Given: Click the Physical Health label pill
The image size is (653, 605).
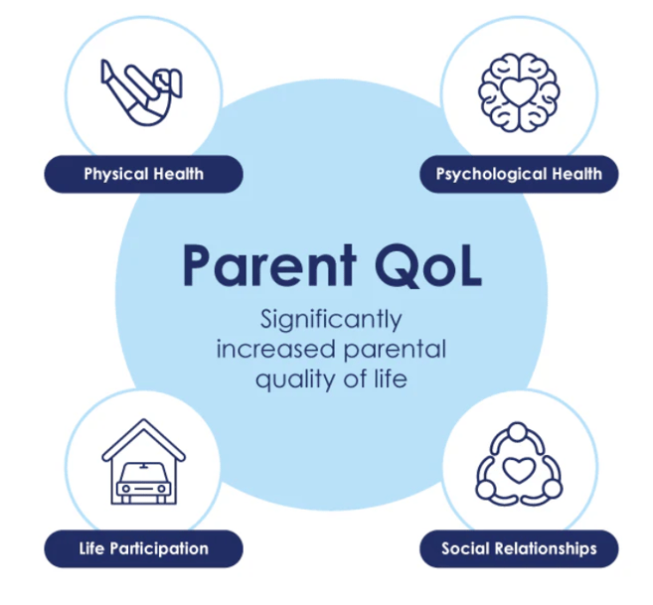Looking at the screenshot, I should [x=143, y=174].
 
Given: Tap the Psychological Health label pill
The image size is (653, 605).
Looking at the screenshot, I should [x=519, y=174].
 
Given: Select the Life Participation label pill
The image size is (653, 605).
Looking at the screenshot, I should [x=143, y=548].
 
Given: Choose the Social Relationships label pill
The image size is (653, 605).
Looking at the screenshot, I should [x=519, y=548].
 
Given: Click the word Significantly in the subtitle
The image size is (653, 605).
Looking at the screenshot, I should [x=331, y=321].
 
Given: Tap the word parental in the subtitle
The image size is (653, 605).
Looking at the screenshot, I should [x=392, y=350].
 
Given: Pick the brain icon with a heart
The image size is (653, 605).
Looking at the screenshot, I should [x=518, y=91].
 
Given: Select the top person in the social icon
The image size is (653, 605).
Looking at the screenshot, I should [x=518, y=433].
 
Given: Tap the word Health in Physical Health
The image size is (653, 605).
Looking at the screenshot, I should [x=179, y=174].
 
